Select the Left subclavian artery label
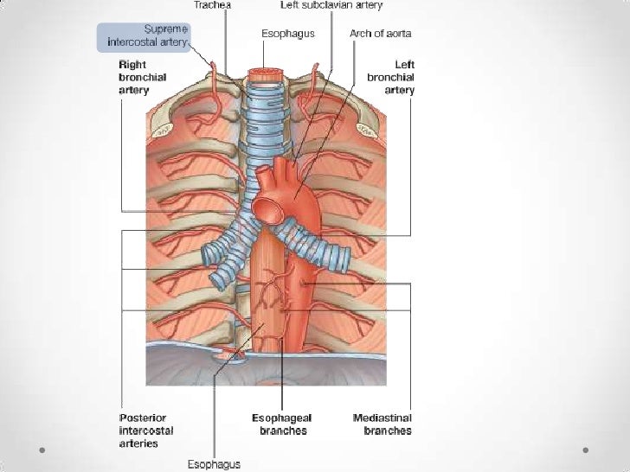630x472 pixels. tap(331, 5)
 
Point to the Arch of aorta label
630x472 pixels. tap(381, 34)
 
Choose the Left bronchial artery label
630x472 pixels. tap(391, 77)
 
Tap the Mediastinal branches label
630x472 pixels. tap(382, 424)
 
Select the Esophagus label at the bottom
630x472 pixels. tap(214, 464)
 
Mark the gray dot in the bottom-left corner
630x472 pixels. tap(42, 450)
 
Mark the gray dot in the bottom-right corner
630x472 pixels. tap(587, 450)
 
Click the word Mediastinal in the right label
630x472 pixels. tap(382, 418)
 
